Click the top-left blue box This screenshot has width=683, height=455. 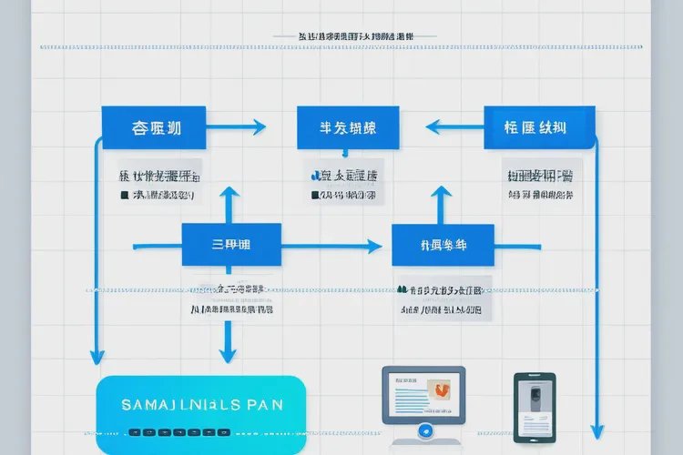(154, 127)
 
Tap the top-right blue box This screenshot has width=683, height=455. (539, 127)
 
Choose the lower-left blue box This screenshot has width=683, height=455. (231, 245)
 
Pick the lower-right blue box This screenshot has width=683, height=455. (443, 245)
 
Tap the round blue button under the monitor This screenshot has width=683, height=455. (423, 430)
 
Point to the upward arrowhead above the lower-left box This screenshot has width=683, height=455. (230, 193)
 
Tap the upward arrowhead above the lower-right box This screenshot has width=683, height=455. (443, 193)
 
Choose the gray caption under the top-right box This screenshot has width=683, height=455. (539, 183)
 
